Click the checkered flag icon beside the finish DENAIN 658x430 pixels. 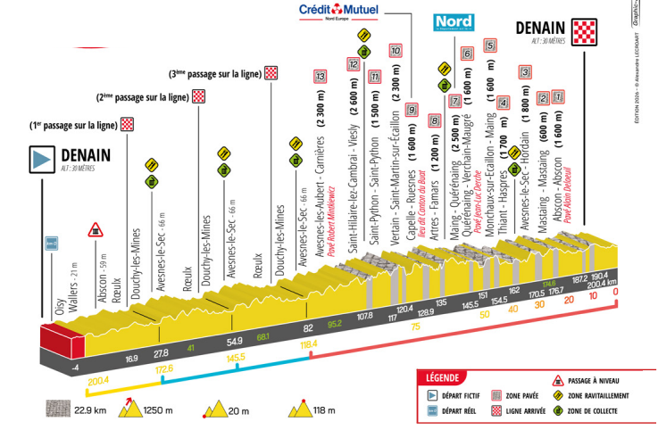point(585,31)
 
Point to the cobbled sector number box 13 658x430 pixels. point(320,78)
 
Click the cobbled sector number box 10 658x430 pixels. point(396,51)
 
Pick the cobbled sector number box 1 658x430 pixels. point(558,96)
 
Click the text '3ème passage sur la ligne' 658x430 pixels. point(214,73)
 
